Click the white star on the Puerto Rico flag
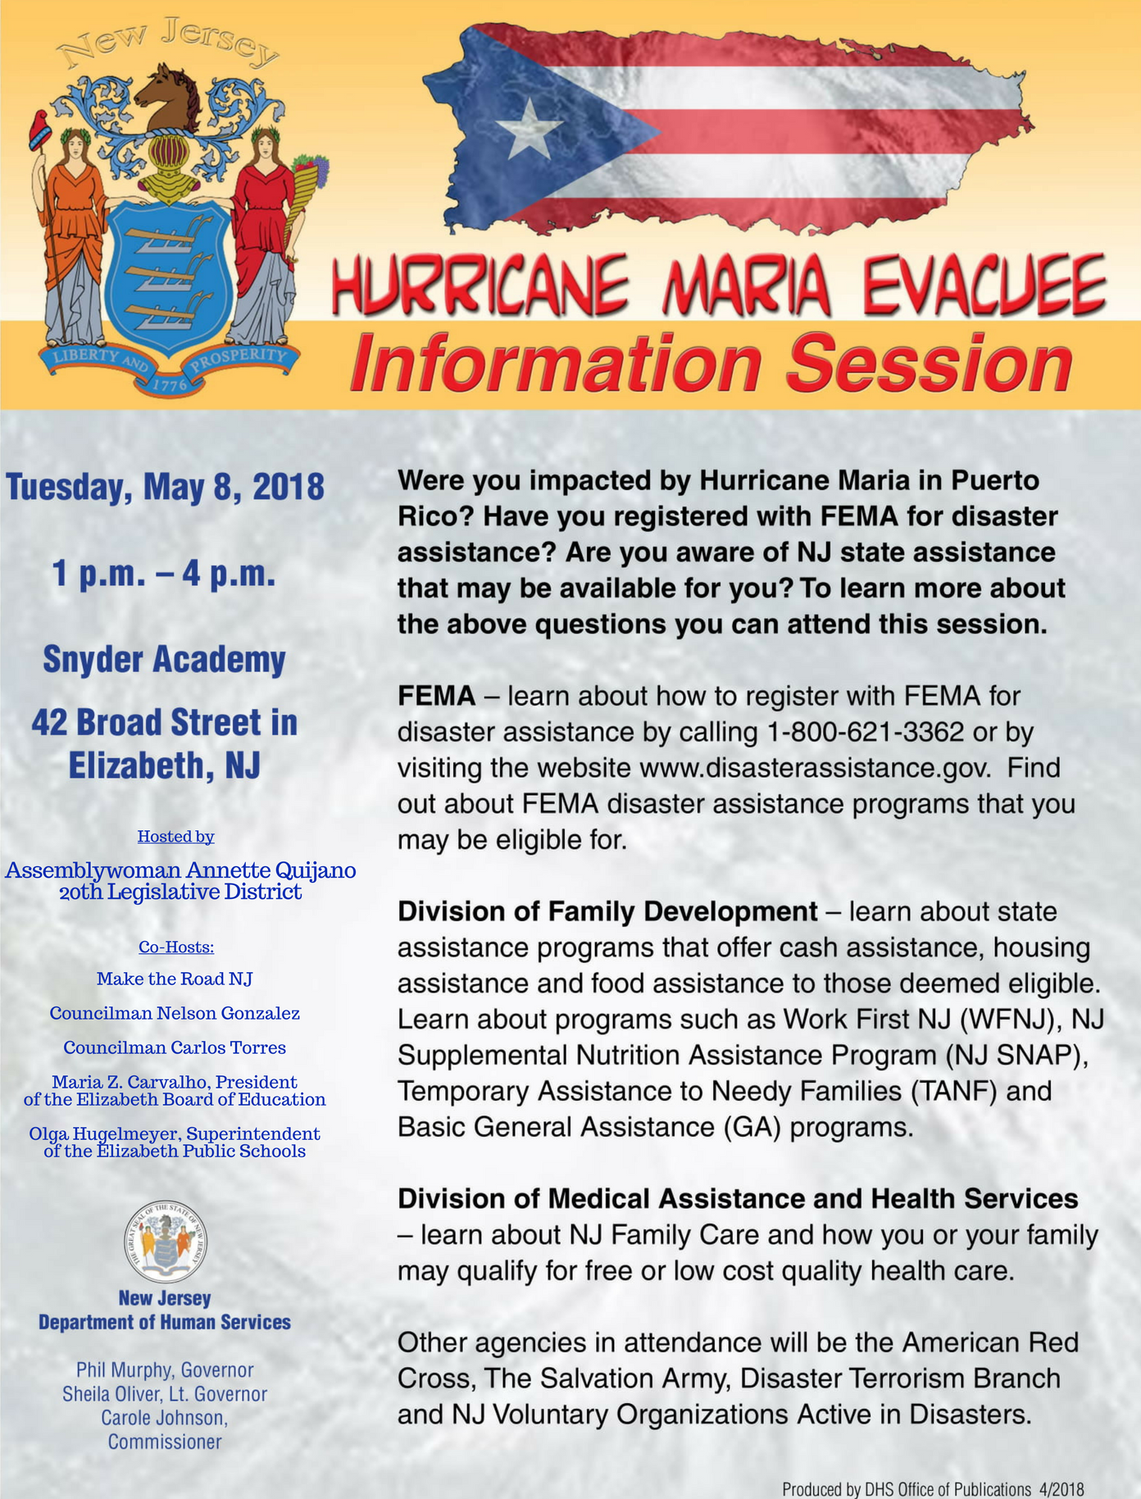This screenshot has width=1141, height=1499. coord(530,129)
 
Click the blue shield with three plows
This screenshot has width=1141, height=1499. coord(170,278)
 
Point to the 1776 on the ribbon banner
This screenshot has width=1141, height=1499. coord(170,384)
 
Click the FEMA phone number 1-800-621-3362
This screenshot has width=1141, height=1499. coord(865,732)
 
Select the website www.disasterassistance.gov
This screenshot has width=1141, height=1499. coord(816,768)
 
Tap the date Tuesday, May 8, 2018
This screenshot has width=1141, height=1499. coord(166,487)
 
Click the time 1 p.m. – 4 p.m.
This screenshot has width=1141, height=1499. coord(164,573)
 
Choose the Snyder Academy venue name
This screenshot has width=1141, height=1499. coord(164,660)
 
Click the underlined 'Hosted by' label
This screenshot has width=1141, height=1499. coord(175,837)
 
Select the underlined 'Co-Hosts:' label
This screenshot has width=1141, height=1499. coord(175,947)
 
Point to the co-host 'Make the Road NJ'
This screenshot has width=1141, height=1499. coord(175,979)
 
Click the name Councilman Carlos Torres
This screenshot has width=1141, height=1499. coord(175,1047)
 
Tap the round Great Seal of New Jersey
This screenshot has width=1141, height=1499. coord(166,1242)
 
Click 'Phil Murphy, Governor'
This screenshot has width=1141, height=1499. coord(165,1370)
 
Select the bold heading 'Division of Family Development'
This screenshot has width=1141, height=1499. coord(607,911)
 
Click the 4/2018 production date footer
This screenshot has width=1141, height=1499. coord(1061,1489)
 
